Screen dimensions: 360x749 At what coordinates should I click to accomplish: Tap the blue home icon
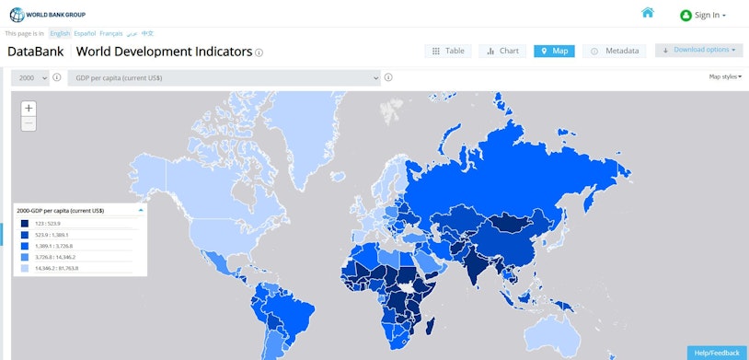coord(648,13)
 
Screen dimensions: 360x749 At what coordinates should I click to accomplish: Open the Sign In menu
coord(703,15)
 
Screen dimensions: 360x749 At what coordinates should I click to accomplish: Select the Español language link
coord(85,33)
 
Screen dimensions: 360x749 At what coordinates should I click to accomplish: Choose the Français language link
coord(110,33)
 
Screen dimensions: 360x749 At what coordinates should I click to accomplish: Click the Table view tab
coord(448,51)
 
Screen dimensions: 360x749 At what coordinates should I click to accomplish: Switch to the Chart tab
coord(502,51)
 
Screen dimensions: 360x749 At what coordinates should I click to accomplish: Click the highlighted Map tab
coord(554,51)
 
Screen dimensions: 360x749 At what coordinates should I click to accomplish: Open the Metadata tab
coord(615,51)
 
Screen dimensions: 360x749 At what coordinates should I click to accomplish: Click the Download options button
coord(699,50)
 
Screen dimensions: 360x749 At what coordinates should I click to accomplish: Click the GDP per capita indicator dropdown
coord(224,78)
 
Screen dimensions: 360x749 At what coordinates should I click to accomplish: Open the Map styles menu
coord(725,76)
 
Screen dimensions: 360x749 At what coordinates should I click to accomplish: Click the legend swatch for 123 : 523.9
coord(25,223)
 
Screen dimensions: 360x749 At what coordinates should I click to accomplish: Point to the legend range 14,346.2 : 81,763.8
coord(59,268)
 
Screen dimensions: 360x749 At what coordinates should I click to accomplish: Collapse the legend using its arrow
coord(141,210)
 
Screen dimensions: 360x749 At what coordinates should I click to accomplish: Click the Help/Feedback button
coord(716,353)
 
